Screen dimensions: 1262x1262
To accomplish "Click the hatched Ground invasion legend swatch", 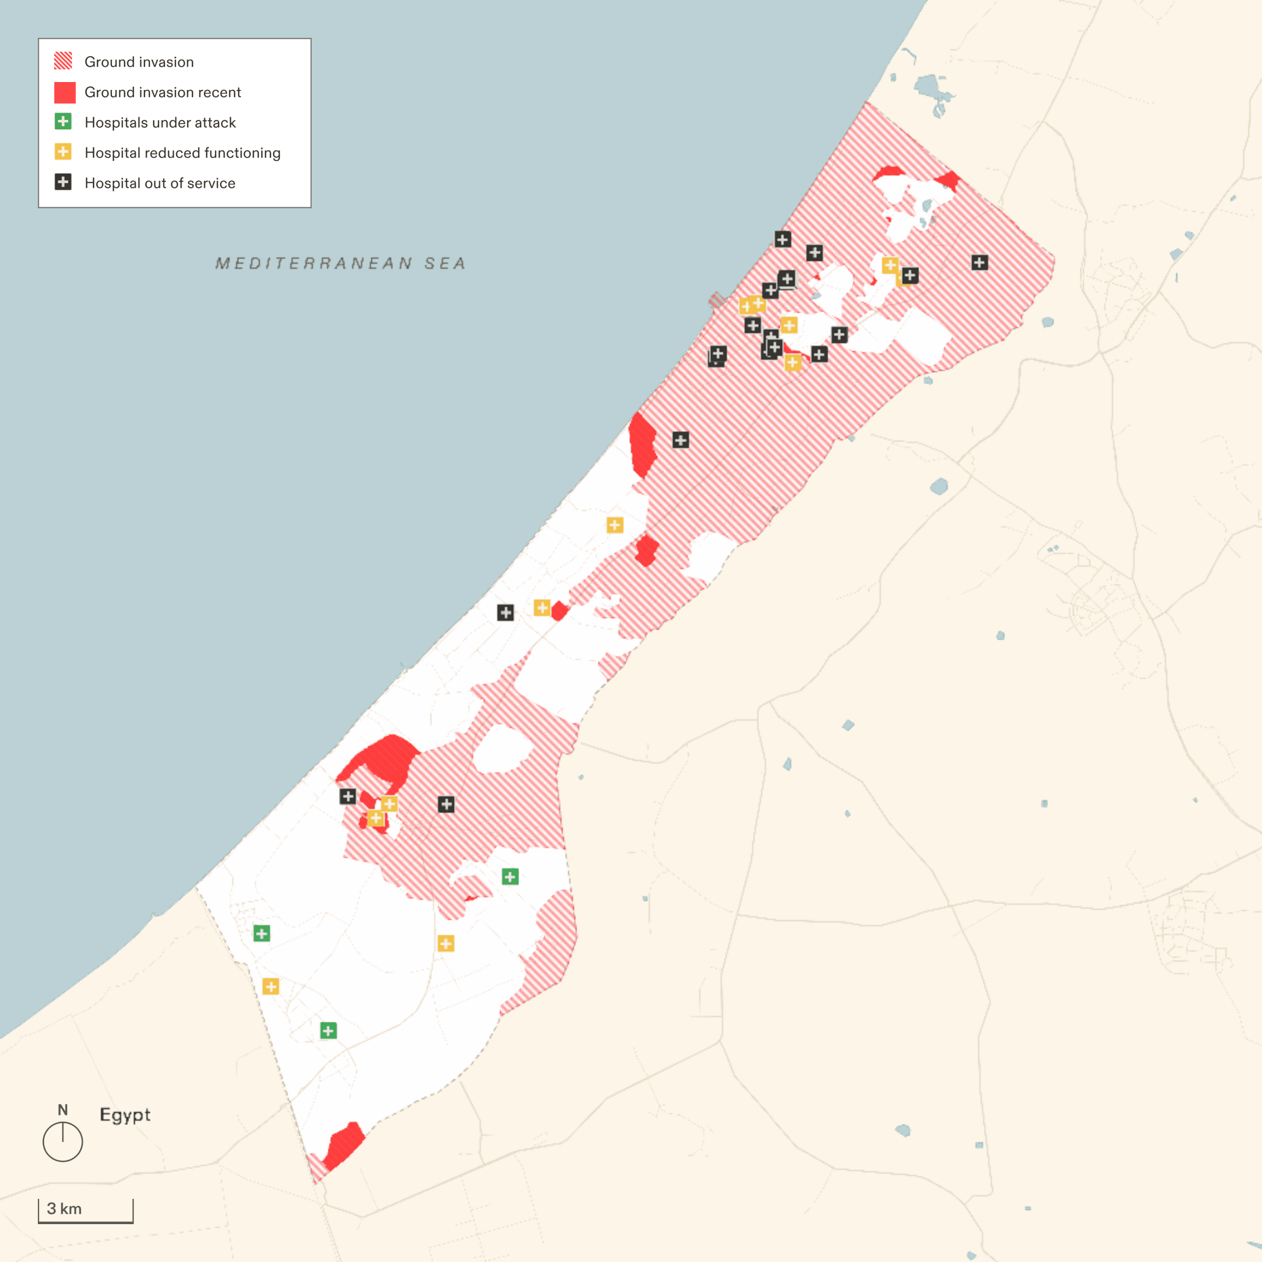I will pyautogui.click(x=63, y=62).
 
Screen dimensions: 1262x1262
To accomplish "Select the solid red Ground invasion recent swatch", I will pyautogui.click(x=65, y=92).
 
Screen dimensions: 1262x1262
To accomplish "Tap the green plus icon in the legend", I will pyautogui.click(x=63, y=121).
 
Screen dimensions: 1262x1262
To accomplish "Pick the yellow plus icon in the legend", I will pyautogui.click(x=63, y=152).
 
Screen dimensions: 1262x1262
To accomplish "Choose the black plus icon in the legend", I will pyautogui.click(x=63, y=182).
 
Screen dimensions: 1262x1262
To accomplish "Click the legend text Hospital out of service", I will pyautogui.click(x=160, y=184).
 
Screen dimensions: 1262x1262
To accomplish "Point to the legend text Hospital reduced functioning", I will pyautogui.click(x=182, y=153).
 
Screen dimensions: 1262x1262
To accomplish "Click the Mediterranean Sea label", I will pyautogui.click(x=340, y=263).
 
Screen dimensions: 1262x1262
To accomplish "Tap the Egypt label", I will pyautogui.click(x=125, y=1114).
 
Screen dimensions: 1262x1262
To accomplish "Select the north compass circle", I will pyautogui.click(x=63, y=1142).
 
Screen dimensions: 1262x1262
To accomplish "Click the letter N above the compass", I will pyautogui.click(x=63, y=1110).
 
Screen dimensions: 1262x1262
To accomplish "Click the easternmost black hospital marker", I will pyautogui.click(x=979, y=262).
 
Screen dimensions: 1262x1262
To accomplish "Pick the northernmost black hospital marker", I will pyautogui.click(x=782, y=239).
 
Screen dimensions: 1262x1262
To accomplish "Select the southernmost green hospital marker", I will pyautogui.click(x=329, y=1031).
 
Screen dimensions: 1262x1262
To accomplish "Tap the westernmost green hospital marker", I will pyautogui.click(x=262, y=933).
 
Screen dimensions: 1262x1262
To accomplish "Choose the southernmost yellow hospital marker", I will pyautogui.click(x=270, y=986).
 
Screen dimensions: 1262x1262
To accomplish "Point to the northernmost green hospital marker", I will pyautogui.click(x=510, y=877).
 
